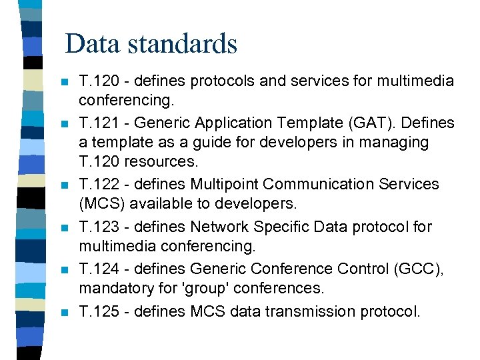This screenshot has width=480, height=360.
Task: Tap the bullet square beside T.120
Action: coord(63,82)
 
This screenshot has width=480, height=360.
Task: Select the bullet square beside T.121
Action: coord(63,124)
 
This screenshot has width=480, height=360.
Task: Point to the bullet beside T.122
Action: coord(63,185)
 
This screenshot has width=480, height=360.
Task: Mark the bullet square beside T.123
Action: coord(63,227)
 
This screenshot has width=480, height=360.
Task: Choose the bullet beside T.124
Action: coord(63,269)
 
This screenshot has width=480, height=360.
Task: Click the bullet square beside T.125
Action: coord(63,311)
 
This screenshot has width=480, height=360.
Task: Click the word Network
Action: coord(219,227)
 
